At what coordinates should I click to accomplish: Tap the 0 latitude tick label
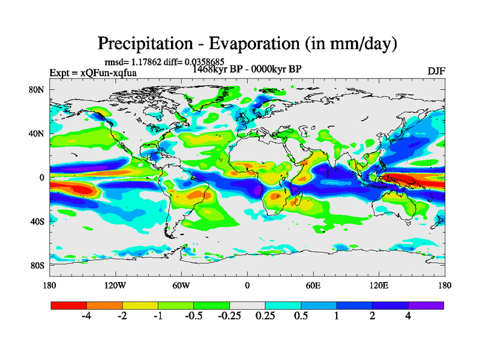pyautogui.click(x=43, y=178)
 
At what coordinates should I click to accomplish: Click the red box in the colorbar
pyautogui.click(x=69, y=305)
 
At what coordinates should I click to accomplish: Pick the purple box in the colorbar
pyautogui.click(x=426, y=305)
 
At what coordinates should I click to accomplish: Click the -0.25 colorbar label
pyautogui.click(x=229, y=316)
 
